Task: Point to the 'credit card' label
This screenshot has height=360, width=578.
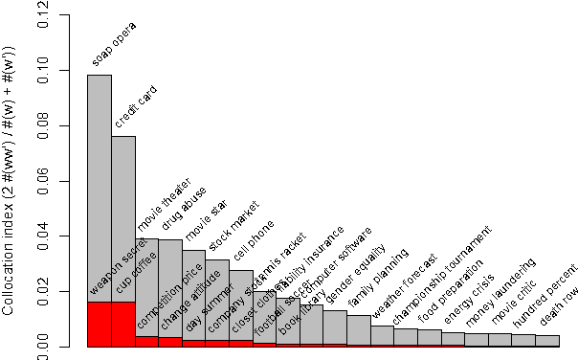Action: (136, 106)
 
